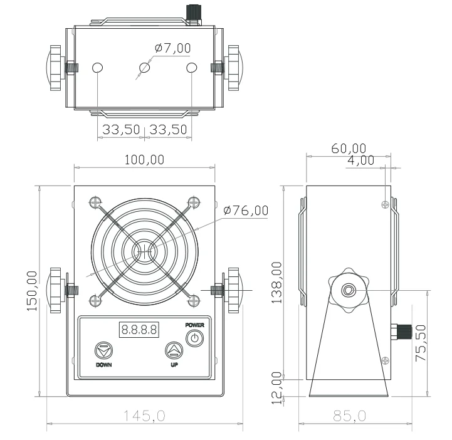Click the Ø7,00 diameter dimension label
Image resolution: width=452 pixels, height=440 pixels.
click(172, 48)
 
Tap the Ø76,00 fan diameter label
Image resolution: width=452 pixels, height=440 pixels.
click(245, 211)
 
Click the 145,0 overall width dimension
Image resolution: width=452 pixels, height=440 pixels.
click(144, 416)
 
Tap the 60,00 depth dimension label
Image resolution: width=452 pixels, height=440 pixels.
click(348, 148)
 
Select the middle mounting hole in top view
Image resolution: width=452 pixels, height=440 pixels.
click(145, 68)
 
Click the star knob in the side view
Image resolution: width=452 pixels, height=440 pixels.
click(349, 290)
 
